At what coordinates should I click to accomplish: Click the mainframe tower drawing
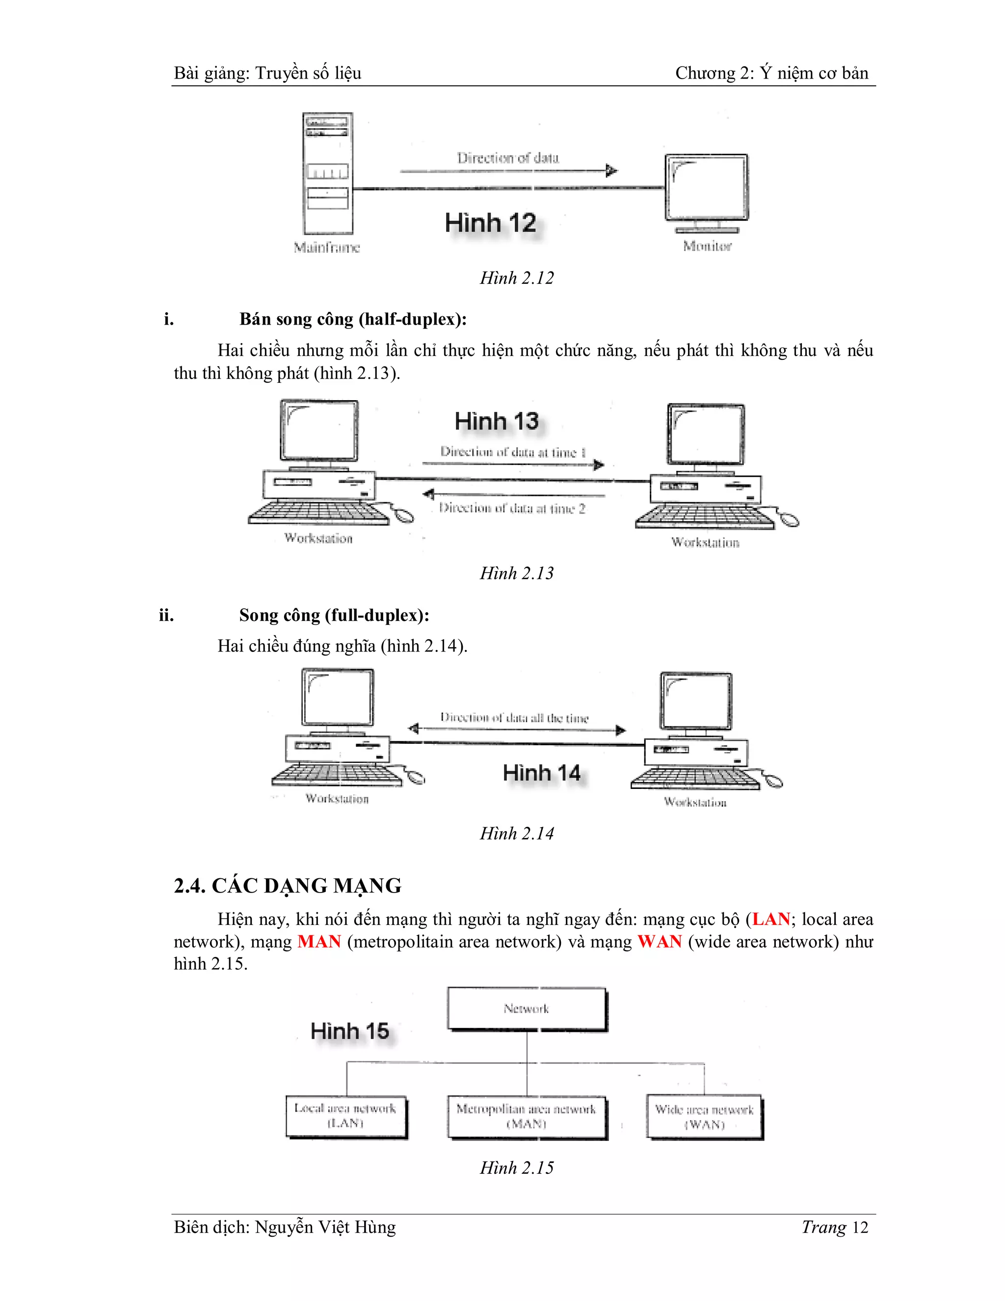[x=327, y=174]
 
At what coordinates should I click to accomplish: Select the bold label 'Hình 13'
[x=497, y=422]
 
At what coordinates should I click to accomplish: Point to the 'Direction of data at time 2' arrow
[x=513, y=494]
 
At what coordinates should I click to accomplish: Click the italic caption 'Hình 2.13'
[x=517, y=573]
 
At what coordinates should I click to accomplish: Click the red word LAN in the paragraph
[x=771, y=919]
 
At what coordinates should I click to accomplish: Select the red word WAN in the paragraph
[x=659, y=942]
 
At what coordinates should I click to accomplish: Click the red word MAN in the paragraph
[x=319, y=942]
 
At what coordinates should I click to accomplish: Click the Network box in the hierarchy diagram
[x=527, y=1009]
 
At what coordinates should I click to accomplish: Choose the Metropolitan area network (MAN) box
[x=527, y=1117]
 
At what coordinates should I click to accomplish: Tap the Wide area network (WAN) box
[x=704, y=1117]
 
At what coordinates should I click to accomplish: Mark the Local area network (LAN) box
[x=346, y=1116]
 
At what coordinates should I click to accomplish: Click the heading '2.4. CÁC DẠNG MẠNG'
[x=288, y=886]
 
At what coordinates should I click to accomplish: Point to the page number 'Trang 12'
[x=835, y=1227]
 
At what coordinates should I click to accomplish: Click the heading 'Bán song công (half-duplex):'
[x=353, y=319]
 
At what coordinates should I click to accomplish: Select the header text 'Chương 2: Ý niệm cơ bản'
[x=771, y=73]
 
